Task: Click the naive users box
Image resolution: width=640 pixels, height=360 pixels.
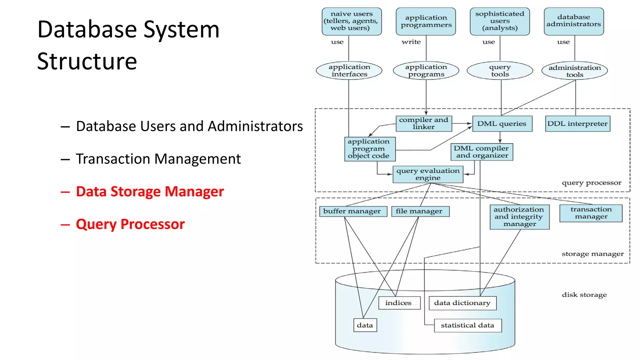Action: pyautogui.click(x=352, y=21)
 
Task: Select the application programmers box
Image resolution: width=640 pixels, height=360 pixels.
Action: pyautogui.click(x=426, y=21)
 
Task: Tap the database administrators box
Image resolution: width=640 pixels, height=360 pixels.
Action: pyautogui.click(x=574, y=21)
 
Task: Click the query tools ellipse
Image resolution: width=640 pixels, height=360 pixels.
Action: pyautogui.click(x=500, y=71)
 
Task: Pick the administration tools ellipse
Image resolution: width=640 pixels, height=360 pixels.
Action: pyautogui.click(x=574, y=71)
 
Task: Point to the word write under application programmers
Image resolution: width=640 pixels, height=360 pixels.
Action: pyautogui.click(x=411, y=42)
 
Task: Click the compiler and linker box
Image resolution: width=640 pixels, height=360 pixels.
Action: pyautogui.click(x=424, y=123)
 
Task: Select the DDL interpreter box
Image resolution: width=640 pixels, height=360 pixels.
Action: pyautogui.click(x=577, y=124)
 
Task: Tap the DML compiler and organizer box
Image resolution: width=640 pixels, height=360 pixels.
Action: pyautogui.click(x=482, y=152)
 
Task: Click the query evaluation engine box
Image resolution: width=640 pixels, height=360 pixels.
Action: pyautogui.click(x=428, y=174)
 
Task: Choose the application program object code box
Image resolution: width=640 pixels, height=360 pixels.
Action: pyautogui.click(x=370, y=149)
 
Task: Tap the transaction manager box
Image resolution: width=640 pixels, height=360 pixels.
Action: pyautogui.click(x=591, y=213)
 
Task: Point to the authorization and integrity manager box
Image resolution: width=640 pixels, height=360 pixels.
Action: pyautogui.click(x=519, y=217)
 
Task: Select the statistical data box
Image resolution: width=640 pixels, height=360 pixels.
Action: pyautogui.click(x=468, y=325)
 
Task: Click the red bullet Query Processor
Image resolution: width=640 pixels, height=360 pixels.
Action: pyautogui.click(x=130, y=224)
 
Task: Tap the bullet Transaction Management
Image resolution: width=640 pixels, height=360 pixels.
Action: pyautogui.click(x=158, y=159)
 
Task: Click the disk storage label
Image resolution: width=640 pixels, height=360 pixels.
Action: pyautogui.click(x=584, y=295)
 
